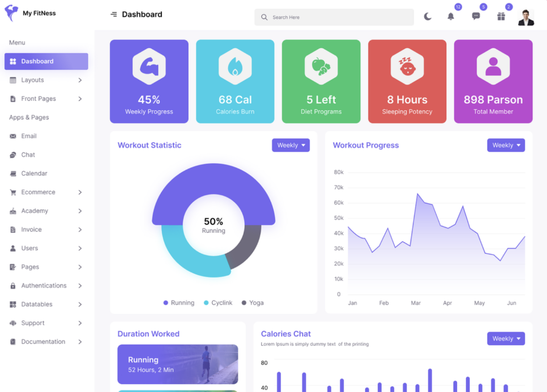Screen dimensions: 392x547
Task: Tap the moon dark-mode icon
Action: click(428, 17)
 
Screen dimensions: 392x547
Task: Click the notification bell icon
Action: click(451, 17)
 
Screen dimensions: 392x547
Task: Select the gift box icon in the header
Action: click(501, 17)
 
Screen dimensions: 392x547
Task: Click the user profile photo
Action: click(526, 17)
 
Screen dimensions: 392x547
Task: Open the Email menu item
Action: click(29, 136)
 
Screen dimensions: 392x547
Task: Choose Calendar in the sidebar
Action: click(34, 173)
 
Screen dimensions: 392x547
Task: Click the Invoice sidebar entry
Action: click(31, 229)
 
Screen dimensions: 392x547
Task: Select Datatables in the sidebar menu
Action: click(36, 304)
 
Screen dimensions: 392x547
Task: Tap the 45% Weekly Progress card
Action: click(149, 82)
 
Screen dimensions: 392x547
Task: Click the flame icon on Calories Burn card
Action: click(235, 67)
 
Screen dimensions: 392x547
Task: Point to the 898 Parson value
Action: click(493, 99)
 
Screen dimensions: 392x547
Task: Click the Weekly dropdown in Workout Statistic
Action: click(291, 145)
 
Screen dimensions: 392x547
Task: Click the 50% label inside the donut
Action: click(213, 222)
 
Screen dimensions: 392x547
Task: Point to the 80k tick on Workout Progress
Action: click(339, 172)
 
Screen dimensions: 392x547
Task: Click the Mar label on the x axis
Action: click(416, 303)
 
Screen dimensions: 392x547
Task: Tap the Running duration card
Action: click(178, 364)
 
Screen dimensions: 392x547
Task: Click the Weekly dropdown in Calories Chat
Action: click(506, 339)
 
